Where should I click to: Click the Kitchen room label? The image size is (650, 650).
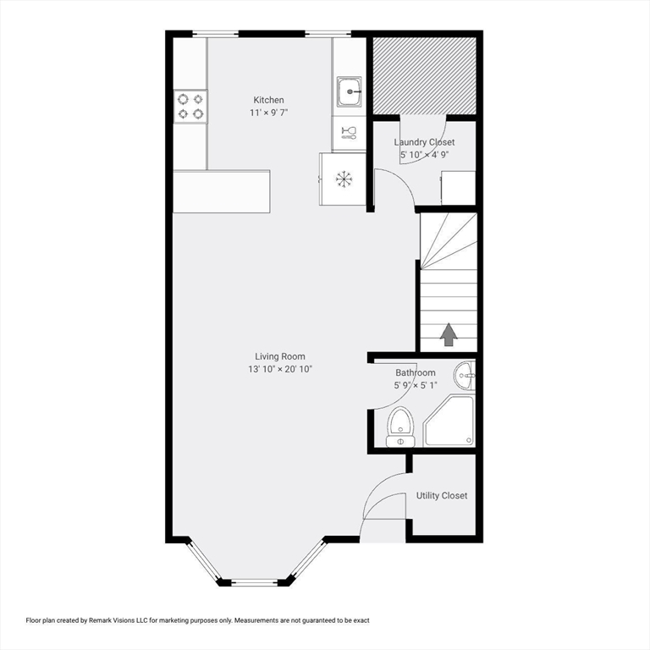coord(268,100)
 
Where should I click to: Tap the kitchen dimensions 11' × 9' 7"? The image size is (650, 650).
coord(268,113)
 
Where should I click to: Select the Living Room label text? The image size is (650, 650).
coord(280,356)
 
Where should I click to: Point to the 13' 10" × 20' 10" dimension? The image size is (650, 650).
coord(280,369)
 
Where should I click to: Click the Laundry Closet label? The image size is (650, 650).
coord(424,142)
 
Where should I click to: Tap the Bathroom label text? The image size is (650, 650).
coord(416,372)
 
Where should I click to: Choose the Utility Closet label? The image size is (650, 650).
coord(442,495)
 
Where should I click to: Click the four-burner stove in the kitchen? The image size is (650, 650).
coord(190,107)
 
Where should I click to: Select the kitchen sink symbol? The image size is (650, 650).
coord(349,91)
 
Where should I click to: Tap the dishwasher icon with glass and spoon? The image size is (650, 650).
coord(349,133)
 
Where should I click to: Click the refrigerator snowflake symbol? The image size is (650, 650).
coord(344,179)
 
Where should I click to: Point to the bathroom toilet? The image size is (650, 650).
coord(400,427)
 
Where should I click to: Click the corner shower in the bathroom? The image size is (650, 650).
coord(449,421)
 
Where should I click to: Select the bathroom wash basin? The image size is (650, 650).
coord(465,376)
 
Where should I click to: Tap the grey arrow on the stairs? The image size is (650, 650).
coord(449,334)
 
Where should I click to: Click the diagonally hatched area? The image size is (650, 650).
coord(424,76)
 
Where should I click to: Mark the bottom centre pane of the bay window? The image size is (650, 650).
coord(254,582)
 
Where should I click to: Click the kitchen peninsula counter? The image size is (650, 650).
coord(222,191)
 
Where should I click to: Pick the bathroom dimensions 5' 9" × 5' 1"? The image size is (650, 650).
coord(416,385)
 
